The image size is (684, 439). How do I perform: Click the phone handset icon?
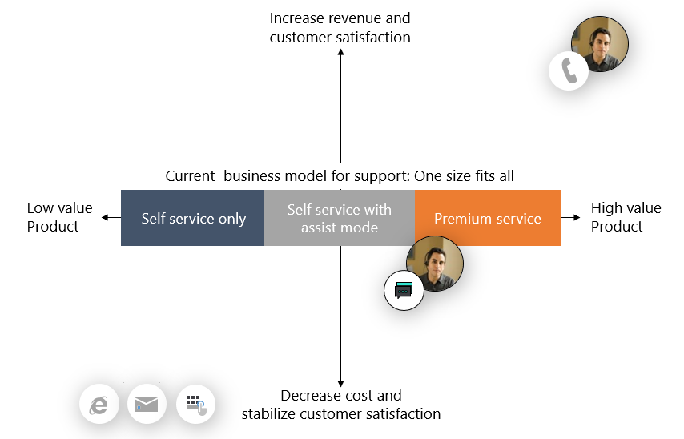(569, 70)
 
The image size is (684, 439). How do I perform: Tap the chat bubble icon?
(404, 290)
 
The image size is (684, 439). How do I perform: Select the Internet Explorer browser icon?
(99, 404)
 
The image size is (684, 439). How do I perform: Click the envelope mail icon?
(147, 404)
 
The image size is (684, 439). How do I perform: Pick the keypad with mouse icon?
(195, 404)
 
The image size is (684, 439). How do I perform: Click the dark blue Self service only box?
(192, 218)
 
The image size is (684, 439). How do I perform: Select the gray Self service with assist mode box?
(339, 218)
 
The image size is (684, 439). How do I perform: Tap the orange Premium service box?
(487, 218)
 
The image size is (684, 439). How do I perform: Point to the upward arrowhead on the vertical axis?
(340, 52)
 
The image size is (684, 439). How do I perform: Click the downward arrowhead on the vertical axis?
(340, 383)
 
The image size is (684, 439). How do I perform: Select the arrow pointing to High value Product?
(573, 217)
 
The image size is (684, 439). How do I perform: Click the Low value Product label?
(59, 217)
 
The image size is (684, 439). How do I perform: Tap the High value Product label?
(626, 217)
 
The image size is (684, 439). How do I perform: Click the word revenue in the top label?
(356, 18)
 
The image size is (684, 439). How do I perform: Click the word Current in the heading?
(190, 175)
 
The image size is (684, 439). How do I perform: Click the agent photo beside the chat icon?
(435, 264)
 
